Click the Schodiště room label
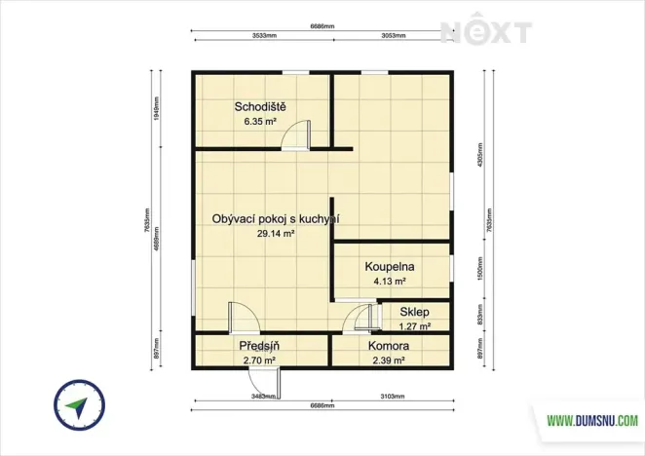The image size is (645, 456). (x=260, y=106)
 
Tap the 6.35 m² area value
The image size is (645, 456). (x=260, y=123)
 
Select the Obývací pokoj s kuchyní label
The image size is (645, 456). (x=275, y=219)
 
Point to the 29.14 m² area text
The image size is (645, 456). (x=275, y=234)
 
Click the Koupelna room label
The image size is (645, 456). (x=391, y=266)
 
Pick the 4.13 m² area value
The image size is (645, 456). (x=391, y=282)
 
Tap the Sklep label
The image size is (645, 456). (x=414, y=313)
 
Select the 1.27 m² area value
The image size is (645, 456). (x=414, y=326)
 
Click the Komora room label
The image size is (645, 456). (x=388, y=346)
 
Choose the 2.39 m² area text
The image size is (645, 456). (x=388, y=361)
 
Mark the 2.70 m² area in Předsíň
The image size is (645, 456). (x=259, y=361)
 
